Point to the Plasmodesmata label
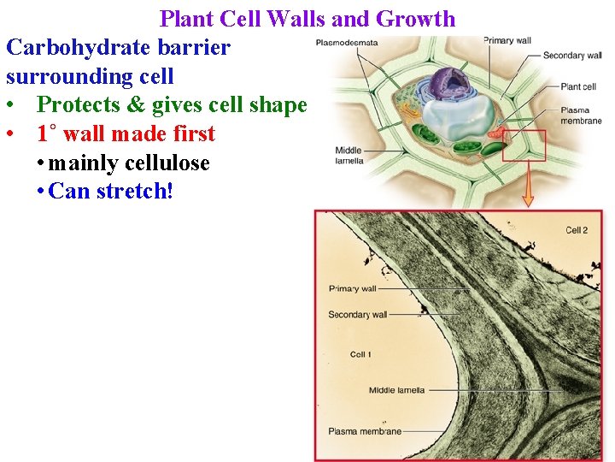click(x=346, y=42)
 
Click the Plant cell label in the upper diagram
click(x=578, y=86)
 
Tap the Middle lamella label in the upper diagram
click(x=349, y=155)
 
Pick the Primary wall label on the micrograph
click(x=352, y=288)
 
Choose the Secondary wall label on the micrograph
click(x=357, y=315)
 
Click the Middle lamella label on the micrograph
click(x=396, y=391)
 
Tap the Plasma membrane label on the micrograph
click(x=365, y=431)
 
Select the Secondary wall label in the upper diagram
click(x=572, y=56)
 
